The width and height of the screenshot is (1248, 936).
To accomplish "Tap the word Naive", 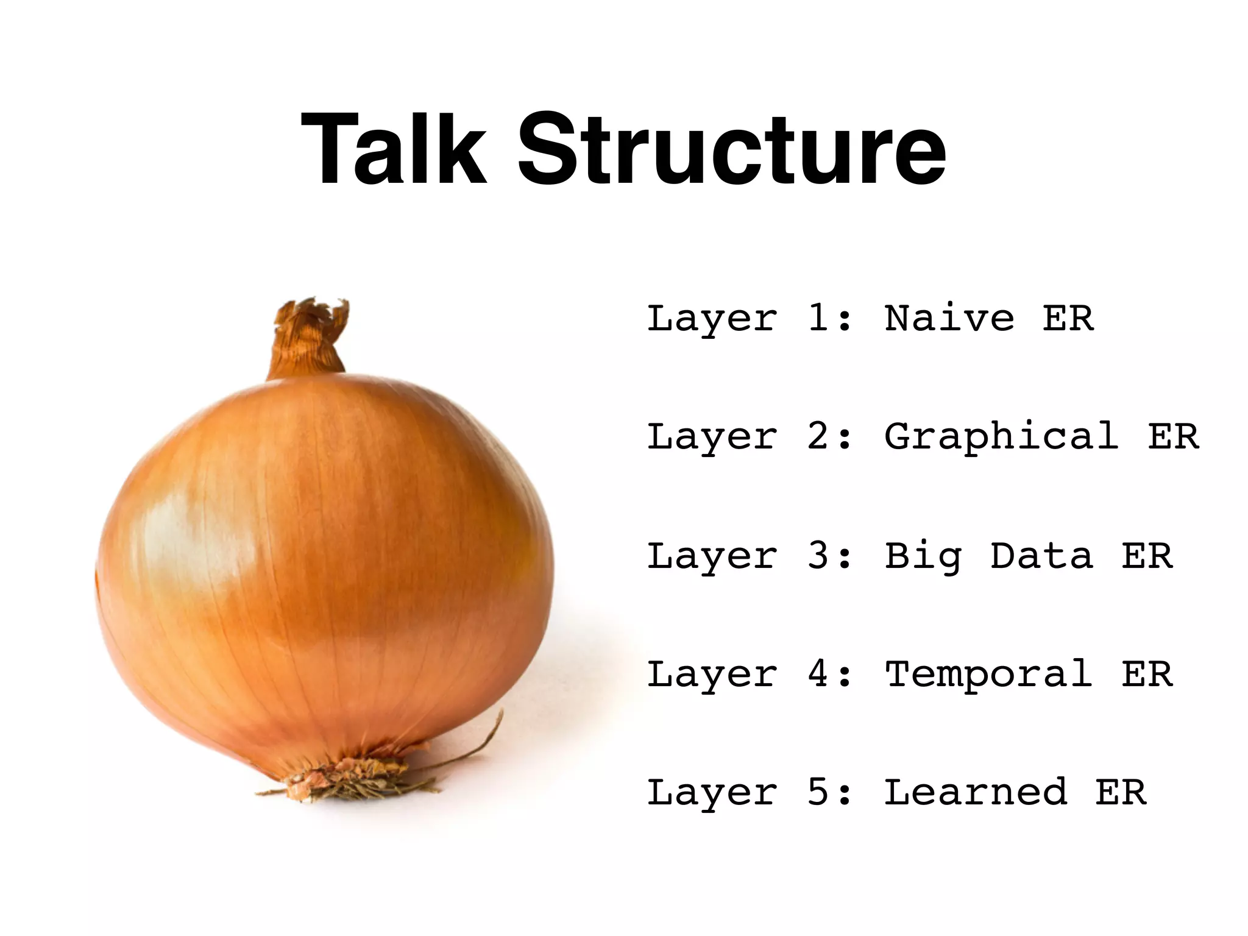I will point(949,319).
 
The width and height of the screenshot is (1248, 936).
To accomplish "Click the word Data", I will point(1041,556).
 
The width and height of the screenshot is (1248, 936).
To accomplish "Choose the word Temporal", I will point(988,675).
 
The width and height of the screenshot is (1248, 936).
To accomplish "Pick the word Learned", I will point(975,793).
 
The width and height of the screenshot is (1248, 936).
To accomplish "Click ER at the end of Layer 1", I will point(1068,319).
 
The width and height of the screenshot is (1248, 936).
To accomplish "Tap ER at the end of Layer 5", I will point(1121,793).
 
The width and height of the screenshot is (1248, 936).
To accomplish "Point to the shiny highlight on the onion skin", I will point(177,536).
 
